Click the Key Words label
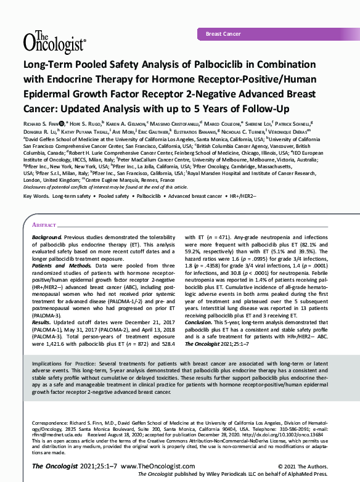point(35,196)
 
